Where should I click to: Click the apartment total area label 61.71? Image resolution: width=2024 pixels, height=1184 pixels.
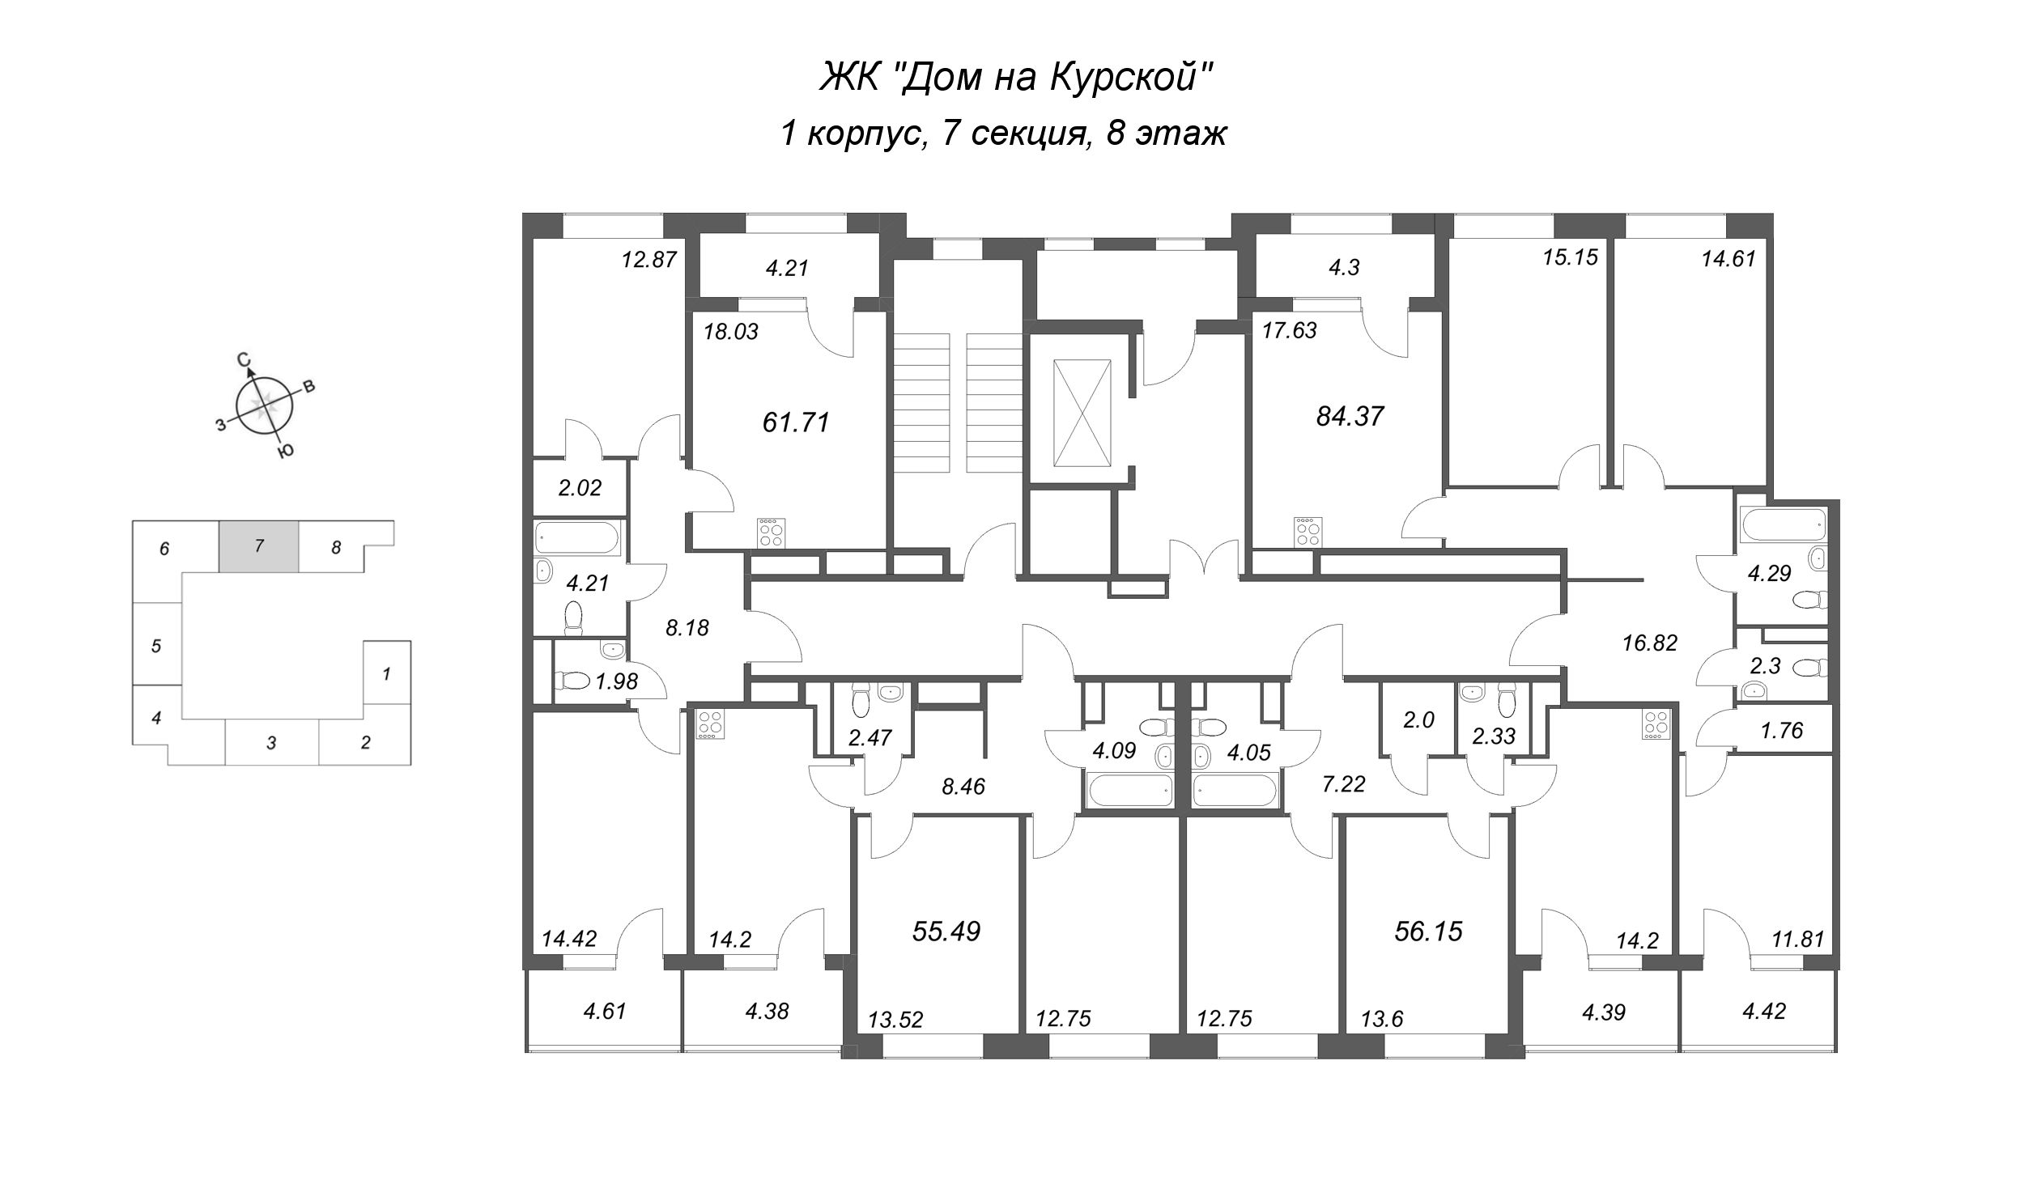tap(797, 422)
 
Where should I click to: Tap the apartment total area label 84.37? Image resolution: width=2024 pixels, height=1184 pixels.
tap(1350, 416)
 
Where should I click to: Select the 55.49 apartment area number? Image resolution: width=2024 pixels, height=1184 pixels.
tap(946, 931)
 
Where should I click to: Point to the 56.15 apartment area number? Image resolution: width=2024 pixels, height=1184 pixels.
tap(1429, 931)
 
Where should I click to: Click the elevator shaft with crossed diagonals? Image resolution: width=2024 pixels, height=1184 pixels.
tap(1081, 414)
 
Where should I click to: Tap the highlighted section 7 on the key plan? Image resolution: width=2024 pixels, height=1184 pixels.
tap(259, 546)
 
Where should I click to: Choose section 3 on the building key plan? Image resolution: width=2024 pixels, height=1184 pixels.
tap(272, 742)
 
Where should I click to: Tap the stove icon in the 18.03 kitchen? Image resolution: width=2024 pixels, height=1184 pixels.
tap(771, 532)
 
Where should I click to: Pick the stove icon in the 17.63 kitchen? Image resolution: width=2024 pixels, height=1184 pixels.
tap(1307, 530)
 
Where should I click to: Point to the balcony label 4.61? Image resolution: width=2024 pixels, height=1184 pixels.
tap(605, 1011)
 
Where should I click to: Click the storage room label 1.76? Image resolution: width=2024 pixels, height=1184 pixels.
tap(1782, 730)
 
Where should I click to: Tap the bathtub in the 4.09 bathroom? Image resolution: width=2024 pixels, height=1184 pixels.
tap(1128, 791)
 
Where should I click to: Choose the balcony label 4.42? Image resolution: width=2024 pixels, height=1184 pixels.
tap(1764, 1011)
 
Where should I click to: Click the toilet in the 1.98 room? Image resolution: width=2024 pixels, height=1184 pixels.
tap(574, 681)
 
